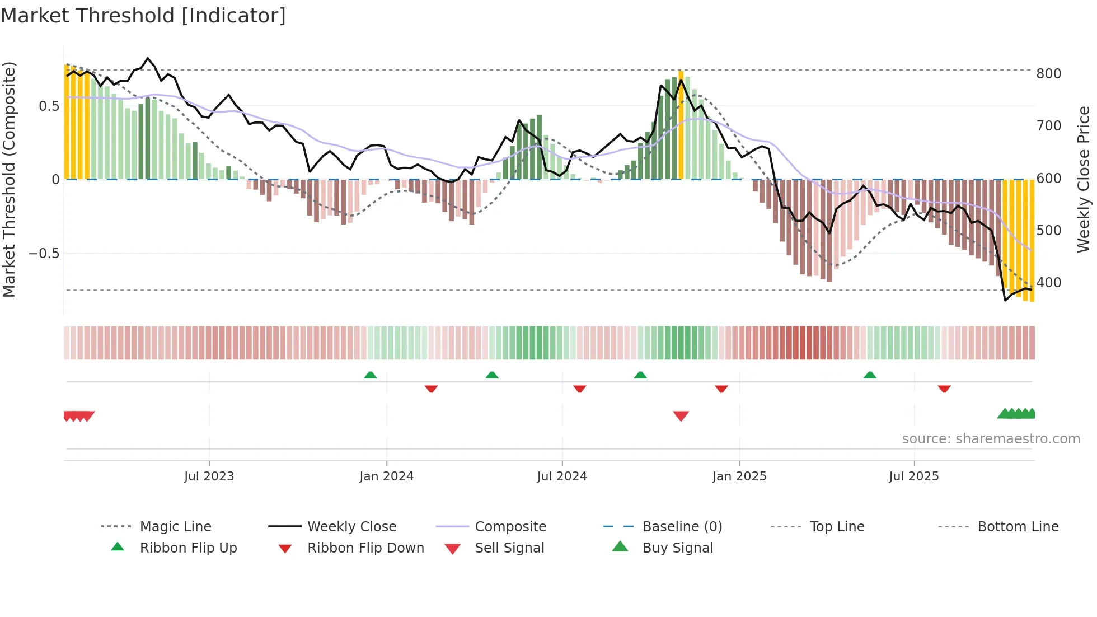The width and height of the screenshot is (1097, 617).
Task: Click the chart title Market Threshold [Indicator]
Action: [x=143, y=16]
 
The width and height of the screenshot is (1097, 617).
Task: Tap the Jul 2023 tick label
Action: [x=209, y=476]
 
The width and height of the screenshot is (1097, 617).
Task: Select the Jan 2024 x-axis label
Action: [x=386, y=476]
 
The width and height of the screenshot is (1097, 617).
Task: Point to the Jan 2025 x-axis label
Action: [x=739, y=476]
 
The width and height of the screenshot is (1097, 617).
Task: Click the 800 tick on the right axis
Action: [x=1048, y=74]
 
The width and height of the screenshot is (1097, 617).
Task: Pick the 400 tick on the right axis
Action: [x=1048, y=283]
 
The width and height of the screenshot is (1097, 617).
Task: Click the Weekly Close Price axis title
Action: [x=1084, y=179]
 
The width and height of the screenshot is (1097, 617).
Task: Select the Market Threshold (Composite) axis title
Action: [x=9, y=179]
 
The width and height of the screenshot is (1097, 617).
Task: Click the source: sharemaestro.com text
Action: [x=991, y=439]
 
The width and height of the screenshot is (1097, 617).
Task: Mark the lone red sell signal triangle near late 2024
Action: [x=681, y=415]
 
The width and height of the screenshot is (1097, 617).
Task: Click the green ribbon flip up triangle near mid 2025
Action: [x=869, y=375]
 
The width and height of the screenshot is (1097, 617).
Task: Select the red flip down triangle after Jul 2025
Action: [x=944, y=389]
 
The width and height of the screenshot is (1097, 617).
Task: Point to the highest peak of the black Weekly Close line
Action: [x=148, y=58]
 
